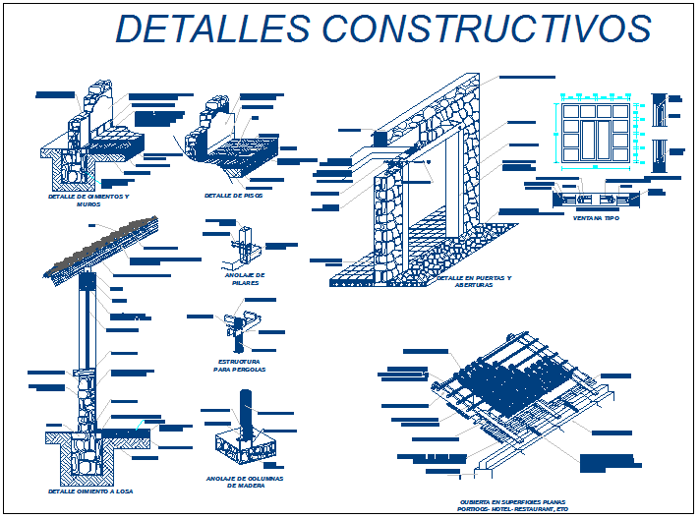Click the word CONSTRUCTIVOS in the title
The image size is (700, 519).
click(x=486, y=29)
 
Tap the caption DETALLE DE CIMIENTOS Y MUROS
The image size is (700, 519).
click(x=88, y=200)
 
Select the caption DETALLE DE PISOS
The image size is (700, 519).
click(x=234, y=196)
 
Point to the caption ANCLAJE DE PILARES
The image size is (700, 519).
click(x=246, y=278)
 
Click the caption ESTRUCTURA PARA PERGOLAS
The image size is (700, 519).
click(x=240, y=366)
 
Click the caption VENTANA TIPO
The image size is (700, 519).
click(x=598, y=218)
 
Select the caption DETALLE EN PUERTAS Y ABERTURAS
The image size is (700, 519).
click(x=474, y=281)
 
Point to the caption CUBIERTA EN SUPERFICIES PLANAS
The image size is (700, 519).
click(x=513, y=502)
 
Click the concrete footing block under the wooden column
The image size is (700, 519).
click(x=246, y=447)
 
